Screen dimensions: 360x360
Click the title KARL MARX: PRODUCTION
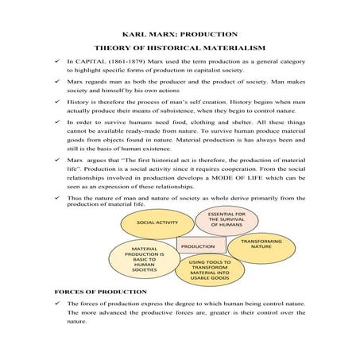tap(180, 34)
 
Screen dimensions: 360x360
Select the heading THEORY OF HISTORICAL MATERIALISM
tap(180, 49)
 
